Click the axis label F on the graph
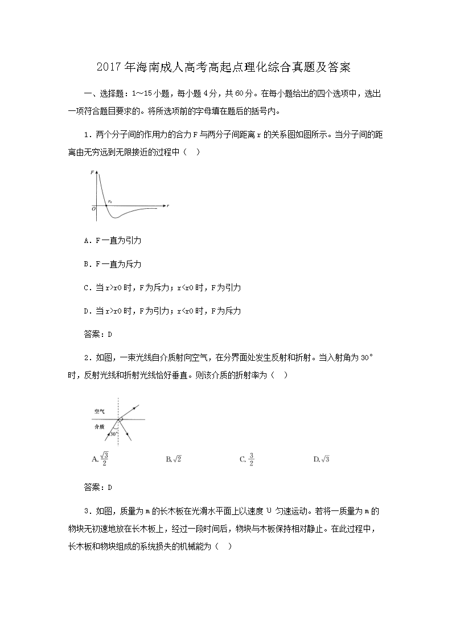tap(92, 171)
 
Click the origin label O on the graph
tap(93, 209)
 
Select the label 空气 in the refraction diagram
tap(100, 411)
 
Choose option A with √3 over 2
tap(101, 459)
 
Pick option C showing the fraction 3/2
tap(247, 459)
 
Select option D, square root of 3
tap(322, 459)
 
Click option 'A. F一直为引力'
tap(112, 240)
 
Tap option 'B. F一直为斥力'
tap(112, 264)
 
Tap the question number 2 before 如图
tap(85, 357)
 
